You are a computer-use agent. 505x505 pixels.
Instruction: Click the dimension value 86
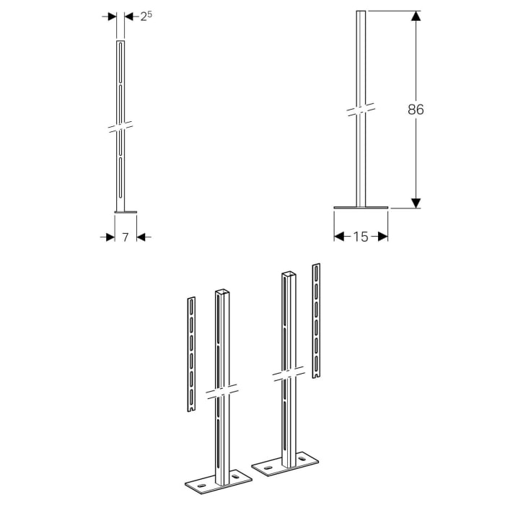point(416,110)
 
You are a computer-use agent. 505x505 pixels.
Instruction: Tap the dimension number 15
point(361,236)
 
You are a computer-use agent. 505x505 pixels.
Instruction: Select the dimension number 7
point(125,236)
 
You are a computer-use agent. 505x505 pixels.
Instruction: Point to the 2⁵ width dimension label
point(146,16)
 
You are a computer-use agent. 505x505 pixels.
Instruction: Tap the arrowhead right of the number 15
point(383,236)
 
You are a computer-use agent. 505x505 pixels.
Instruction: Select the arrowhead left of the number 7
point(110,236)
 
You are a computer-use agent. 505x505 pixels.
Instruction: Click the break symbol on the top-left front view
point(120,126)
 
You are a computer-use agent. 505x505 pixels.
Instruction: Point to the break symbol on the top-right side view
point(361,109)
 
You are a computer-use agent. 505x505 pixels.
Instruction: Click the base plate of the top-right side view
point(361,209)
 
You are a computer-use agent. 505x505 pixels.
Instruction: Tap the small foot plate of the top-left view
point(125,212)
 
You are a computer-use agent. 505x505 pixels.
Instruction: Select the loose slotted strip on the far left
point(190,353)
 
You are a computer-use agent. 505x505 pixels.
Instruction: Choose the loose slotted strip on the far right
point(316,321)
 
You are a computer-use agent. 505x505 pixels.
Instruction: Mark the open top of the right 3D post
point(288,274)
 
